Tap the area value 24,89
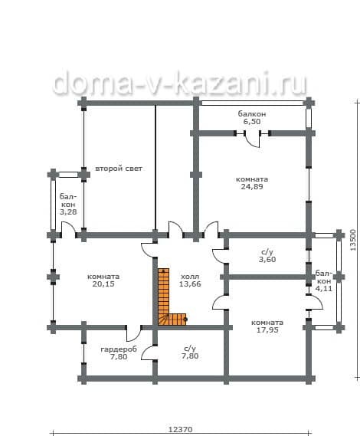[252, 186]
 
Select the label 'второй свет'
[119, 169]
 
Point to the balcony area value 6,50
[252, 122]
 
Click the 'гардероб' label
[119, 349]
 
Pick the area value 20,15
[103, 284]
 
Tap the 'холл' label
[190, 277]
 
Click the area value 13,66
[190, 284]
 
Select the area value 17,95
[267, 330]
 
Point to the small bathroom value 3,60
[267, 260]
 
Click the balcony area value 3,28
[68, 212]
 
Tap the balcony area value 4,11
[323, 289]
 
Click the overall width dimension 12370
[181, 430]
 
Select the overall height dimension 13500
[353, 240]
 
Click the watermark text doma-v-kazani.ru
[180, 82]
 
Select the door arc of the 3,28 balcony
[70, 226]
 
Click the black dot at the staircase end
[185, 320]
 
